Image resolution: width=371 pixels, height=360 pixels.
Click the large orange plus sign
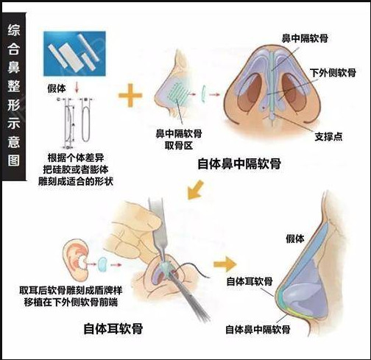(x=130, y=95)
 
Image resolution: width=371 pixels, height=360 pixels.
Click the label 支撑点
(x=328, y=136)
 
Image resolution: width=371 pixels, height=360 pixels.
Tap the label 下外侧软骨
(x=333, y=73)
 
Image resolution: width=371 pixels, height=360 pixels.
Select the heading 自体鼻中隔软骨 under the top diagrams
(x=239, y=163)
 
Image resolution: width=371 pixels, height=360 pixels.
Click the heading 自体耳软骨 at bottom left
(x=113, y=328)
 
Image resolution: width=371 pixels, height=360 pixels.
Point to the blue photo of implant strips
(x=74, y=54)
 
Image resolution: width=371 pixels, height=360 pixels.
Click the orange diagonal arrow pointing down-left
(x=195, y=189)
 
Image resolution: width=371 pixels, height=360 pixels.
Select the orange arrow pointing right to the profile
(x=225, y=264)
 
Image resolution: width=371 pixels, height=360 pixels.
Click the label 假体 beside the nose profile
(x=295, y=239)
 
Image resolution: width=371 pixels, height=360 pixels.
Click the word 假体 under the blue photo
(x=57, y=88)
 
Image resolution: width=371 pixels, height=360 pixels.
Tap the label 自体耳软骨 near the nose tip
(x=250, y=281)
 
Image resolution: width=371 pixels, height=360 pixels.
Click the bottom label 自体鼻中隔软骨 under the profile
(x=258, y=329)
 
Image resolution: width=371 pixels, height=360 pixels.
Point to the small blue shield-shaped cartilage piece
(x=102, y=264)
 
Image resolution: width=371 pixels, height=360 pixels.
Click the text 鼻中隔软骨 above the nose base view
(x=305, y=38)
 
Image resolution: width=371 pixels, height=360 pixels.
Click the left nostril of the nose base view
(x=250, y=92)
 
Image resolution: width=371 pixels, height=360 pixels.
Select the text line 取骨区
(x=179, y=146)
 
